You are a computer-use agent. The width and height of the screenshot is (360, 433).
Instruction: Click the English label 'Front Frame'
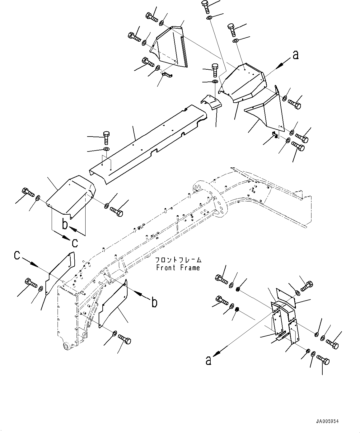point(178,268)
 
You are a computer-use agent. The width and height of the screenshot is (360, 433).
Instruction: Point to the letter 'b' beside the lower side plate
point(154,302)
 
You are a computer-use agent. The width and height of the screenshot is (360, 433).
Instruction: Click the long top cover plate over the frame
point(146,143)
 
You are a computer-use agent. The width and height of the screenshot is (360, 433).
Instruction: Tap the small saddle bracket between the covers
point(210,102)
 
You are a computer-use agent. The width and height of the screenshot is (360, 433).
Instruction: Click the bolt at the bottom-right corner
point(323,361)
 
